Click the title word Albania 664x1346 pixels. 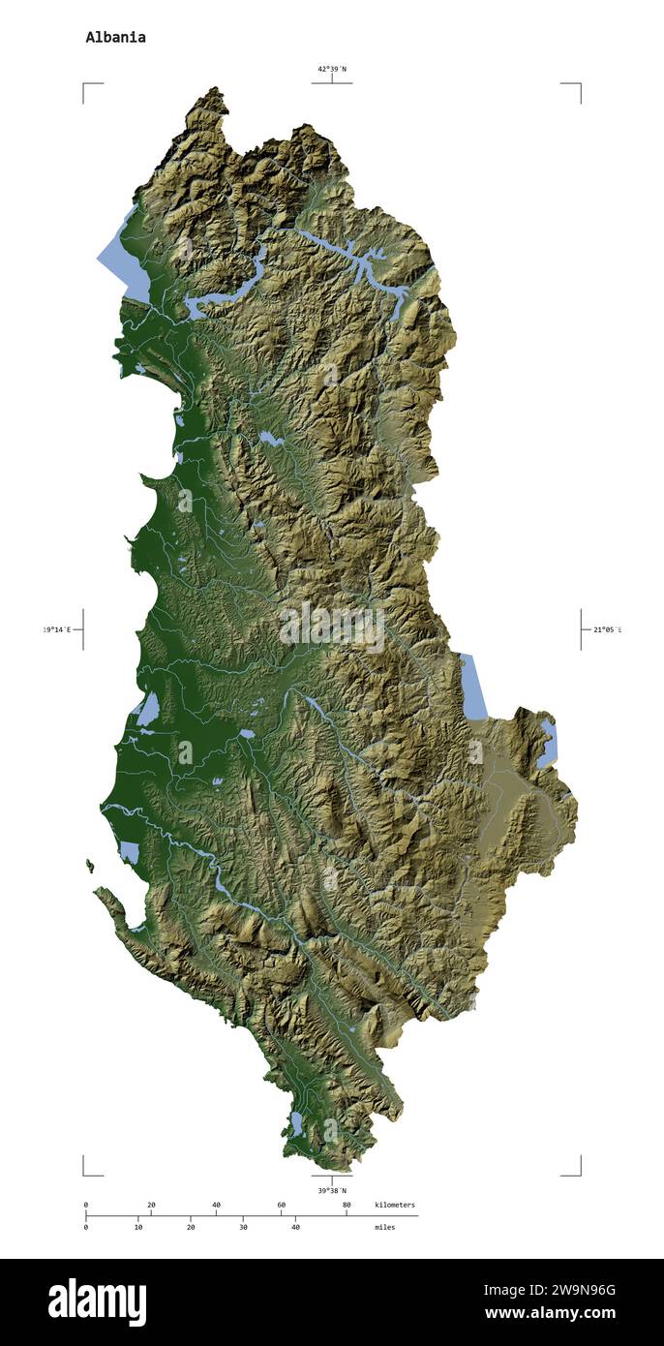[115, 38]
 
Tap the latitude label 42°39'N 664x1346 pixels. [331, 69]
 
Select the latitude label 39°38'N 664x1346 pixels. [331, 1190]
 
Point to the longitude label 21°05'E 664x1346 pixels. [607, 629]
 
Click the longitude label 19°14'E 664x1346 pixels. [57, 629]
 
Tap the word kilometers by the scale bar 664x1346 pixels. [395, 1205]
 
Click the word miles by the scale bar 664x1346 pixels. [384, 1227]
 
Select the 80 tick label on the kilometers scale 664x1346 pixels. [347, 1205]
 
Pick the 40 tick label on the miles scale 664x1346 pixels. [295, 1227]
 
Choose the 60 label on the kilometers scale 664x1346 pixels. [281, 1205]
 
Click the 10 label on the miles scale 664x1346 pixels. [138, 1227]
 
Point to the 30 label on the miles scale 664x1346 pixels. [243, 1227]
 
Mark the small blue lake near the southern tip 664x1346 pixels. [297, 1123]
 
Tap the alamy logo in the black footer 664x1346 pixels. [97, 1302]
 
